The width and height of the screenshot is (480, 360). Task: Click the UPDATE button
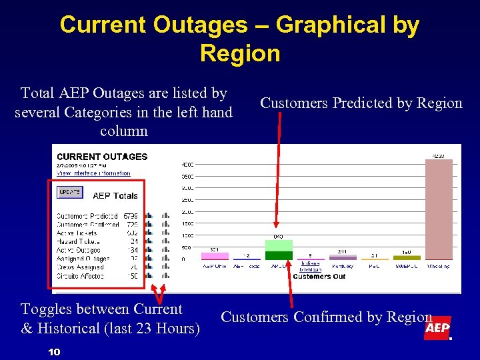tap(69, 192)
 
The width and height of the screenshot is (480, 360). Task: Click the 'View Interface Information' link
tap(93, 173)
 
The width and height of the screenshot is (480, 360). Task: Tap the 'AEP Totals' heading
tap(115, 195)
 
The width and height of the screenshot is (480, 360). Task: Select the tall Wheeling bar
tap(438, 209)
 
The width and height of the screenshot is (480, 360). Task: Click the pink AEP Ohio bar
tap(215, 255)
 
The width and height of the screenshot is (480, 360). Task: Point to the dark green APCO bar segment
tap(279, 255)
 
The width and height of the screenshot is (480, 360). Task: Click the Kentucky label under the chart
tap(342, 265)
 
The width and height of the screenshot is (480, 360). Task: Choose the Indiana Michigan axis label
tap(310, 266)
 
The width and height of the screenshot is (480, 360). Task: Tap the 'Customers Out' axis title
tap(319, 276)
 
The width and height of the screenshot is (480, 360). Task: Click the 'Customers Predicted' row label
tap(87, 216)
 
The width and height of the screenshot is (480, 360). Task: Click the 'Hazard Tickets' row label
tap(78, 241)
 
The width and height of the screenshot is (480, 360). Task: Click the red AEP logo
tap(437, 328)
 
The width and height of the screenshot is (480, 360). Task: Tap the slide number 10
tap(55, 351)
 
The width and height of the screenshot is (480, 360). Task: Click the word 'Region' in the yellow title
tap(239, 53)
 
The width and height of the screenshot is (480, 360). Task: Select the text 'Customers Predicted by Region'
tap(361, 103)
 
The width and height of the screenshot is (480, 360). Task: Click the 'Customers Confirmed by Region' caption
tap(326, 317)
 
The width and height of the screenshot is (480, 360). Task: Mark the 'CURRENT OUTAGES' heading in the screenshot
tap(102, 157)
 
